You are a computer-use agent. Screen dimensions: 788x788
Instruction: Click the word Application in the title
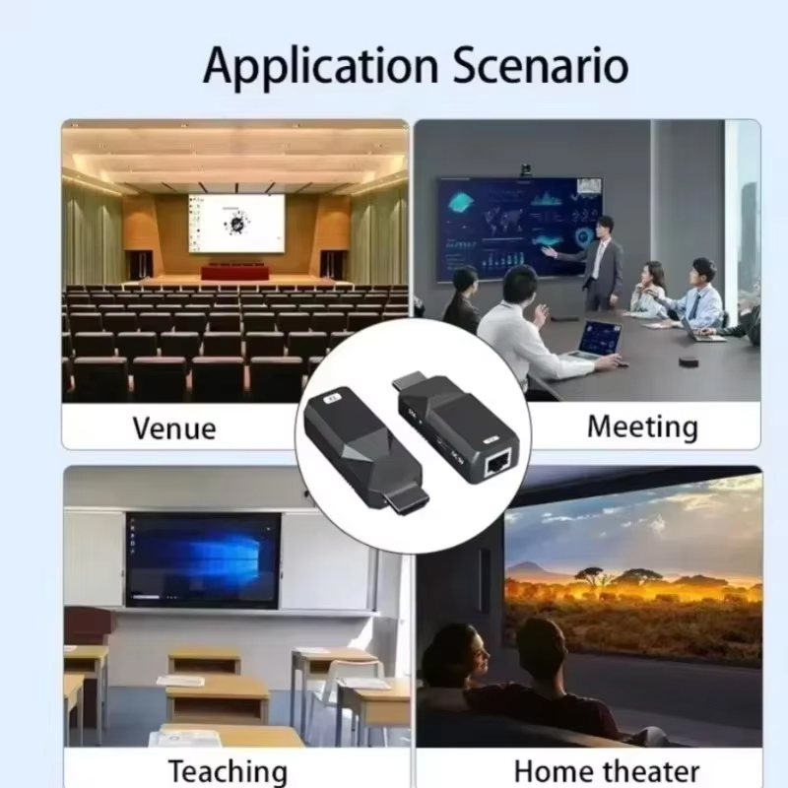pos(321,67)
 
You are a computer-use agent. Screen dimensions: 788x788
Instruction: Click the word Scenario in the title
pos(540,65)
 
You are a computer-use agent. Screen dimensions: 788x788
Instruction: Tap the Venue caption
pos(174,428)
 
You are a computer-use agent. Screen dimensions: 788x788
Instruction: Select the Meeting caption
pos(643,427)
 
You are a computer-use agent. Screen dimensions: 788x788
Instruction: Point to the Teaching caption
pos(229,771)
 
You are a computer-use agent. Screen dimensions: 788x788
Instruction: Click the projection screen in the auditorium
pos(236,224)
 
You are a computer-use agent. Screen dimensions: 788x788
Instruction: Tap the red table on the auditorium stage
pos(235,272)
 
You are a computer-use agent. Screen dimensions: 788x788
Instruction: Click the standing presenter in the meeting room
pos(597,263)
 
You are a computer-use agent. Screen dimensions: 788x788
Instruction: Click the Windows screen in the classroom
pos(203,559)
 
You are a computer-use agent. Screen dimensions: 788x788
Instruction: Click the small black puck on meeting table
pos(688,361)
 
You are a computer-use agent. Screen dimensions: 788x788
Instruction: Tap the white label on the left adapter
pos(332,400)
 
